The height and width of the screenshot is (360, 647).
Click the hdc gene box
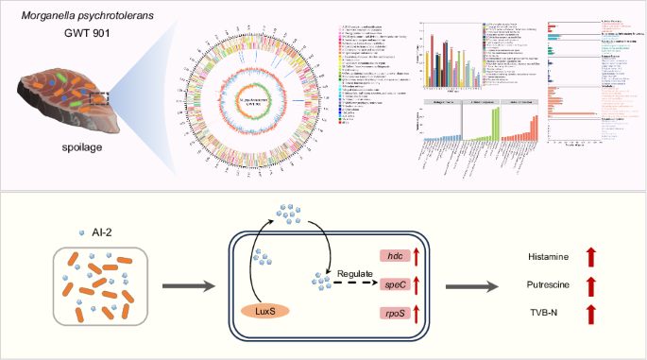coord(397,255)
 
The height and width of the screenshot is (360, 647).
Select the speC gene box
coord(397,283)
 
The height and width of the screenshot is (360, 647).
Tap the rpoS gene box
coord(397,311)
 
